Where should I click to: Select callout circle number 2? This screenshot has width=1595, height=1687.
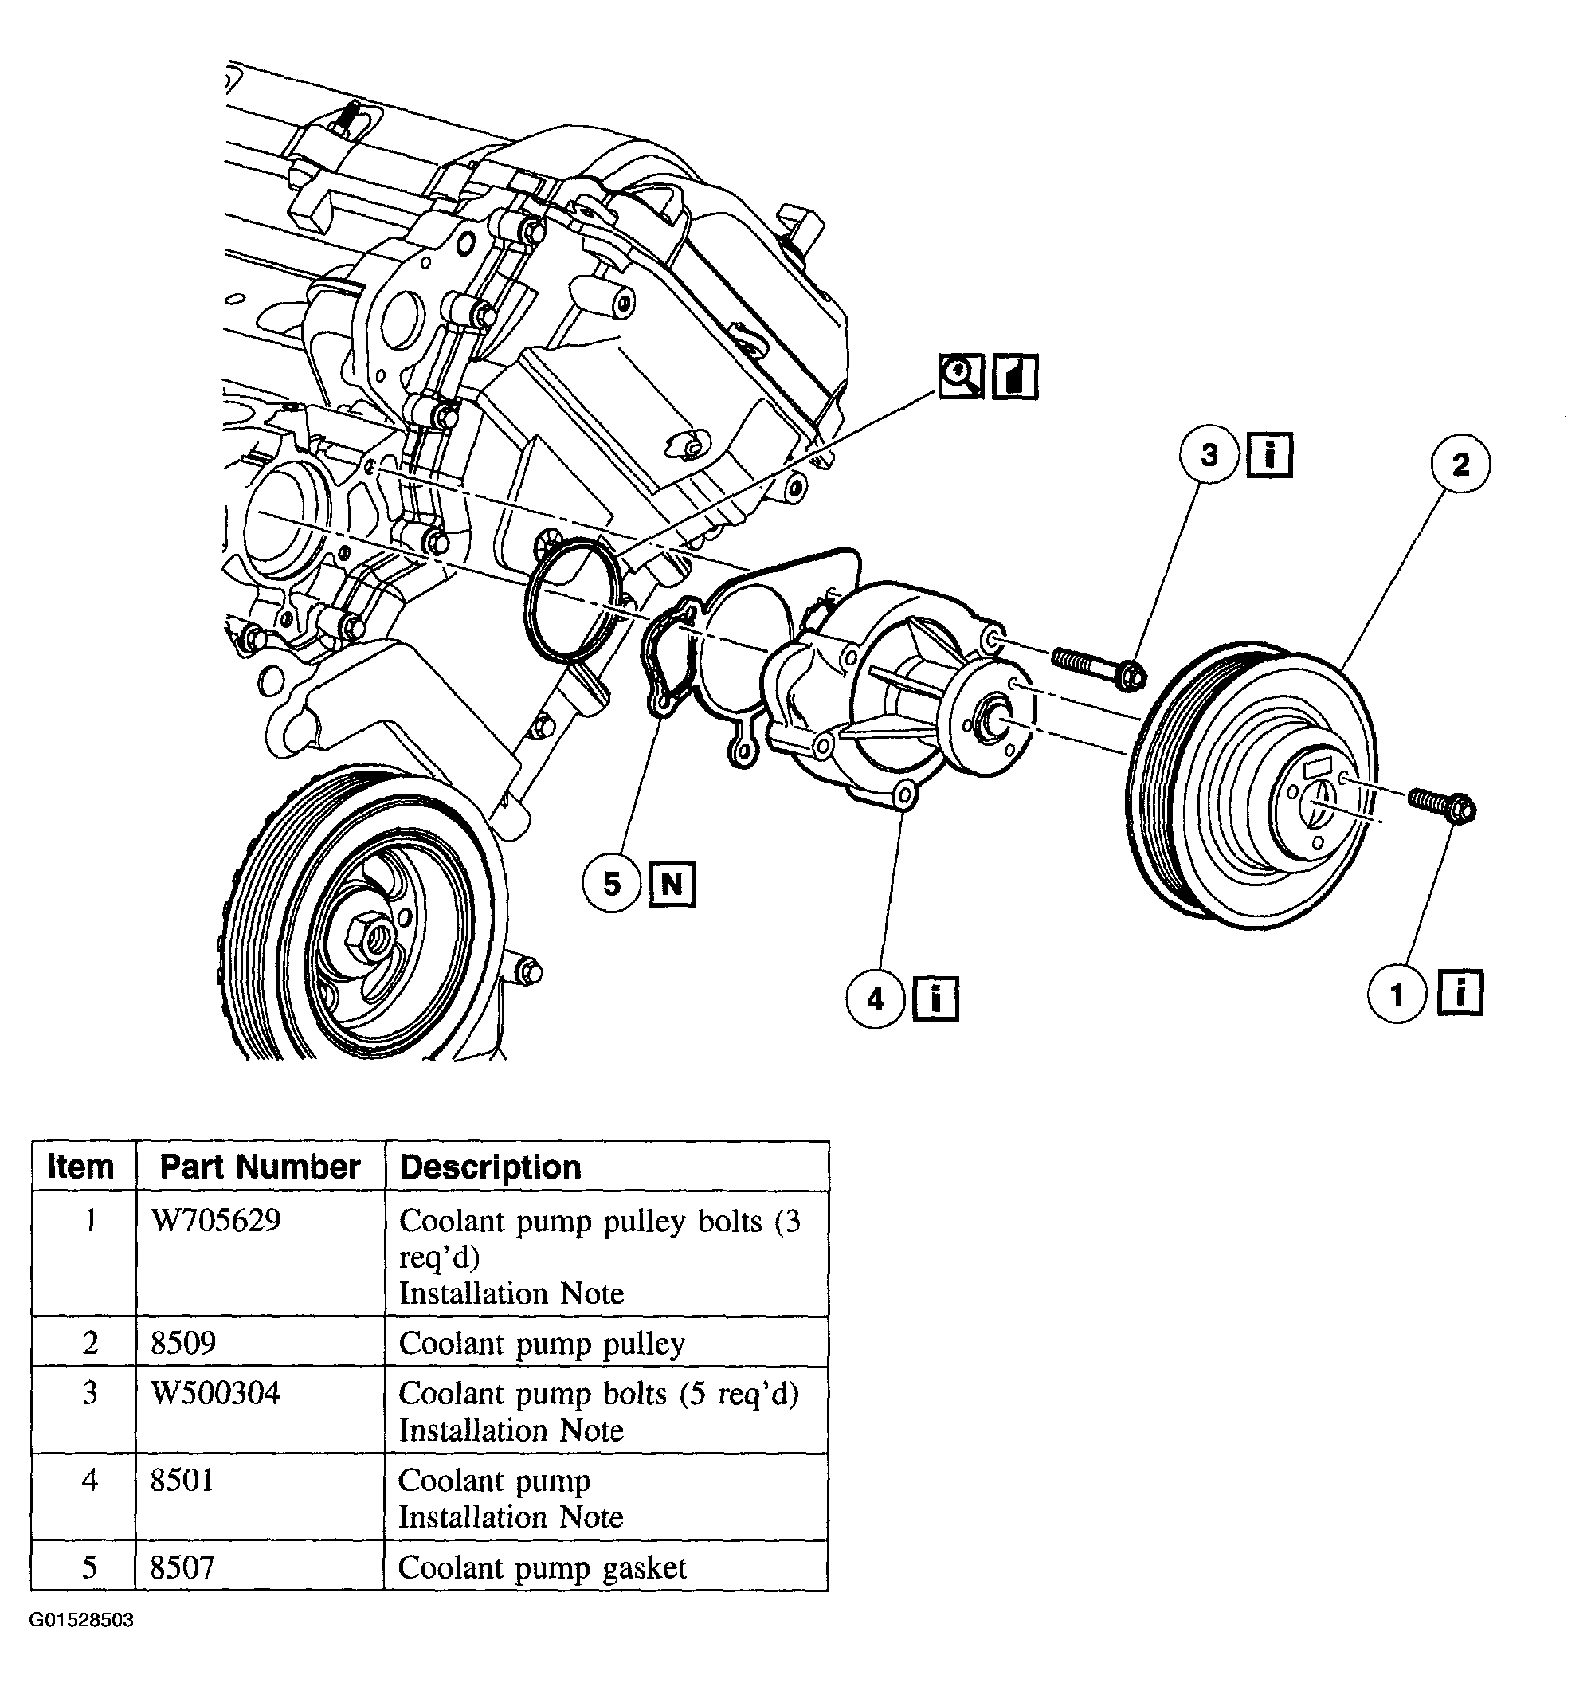coord(1460,464)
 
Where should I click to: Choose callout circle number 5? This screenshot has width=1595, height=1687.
coord(612,885)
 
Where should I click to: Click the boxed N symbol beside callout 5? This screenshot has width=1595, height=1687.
coord(672,885)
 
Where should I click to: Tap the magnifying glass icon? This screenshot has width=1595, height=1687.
coord(962,376)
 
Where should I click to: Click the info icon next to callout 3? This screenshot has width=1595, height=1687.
coord(1270,455)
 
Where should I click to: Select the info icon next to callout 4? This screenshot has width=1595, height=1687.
coord(936,998)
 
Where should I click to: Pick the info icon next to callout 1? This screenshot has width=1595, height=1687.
coord(1460,992)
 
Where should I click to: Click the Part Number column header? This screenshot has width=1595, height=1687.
coord(261,1167)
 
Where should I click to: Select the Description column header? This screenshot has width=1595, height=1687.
coord(491,1167)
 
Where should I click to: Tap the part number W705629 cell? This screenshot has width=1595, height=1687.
coord(216,1221)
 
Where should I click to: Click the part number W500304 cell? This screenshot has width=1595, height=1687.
coord(215,1394)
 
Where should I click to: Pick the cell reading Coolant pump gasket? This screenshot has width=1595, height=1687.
coord(542,1567)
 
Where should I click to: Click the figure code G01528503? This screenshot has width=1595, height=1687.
coord(81,1621)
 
